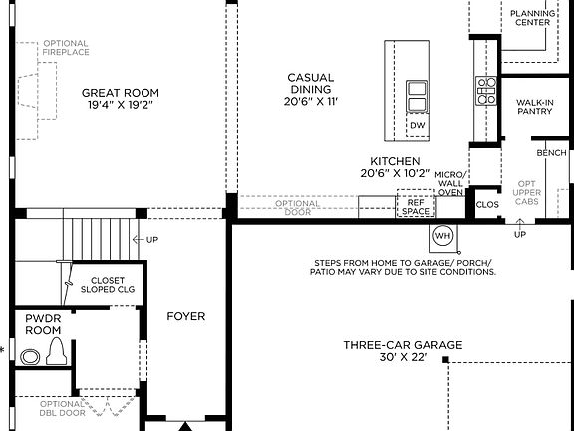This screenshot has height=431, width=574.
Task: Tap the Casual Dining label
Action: (x=310, y=89)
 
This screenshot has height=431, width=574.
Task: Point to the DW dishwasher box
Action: (x=418, y=126)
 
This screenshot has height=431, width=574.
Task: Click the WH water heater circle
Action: (x=443, y=237)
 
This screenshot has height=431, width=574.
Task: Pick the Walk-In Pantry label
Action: (x=535, y=108)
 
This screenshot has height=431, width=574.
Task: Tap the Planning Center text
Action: (x=532, y=18)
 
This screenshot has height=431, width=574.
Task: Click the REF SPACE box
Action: (x=416, y=207)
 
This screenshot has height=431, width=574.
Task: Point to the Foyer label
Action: (x=185, y=316)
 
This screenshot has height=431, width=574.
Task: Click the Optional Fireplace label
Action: (x=66, y=49)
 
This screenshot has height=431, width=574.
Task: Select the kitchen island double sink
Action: (x=418, y=96)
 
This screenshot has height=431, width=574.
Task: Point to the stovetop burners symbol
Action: (x=486, y=91)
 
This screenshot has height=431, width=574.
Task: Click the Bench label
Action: (x=551, y=153)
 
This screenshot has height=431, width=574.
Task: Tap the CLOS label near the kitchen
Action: (x=487, y=204)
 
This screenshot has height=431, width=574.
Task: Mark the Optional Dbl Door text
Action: (x=90, y=408)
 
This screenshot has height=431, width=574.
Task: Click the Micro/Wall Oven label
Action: (x=450, y=184)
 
